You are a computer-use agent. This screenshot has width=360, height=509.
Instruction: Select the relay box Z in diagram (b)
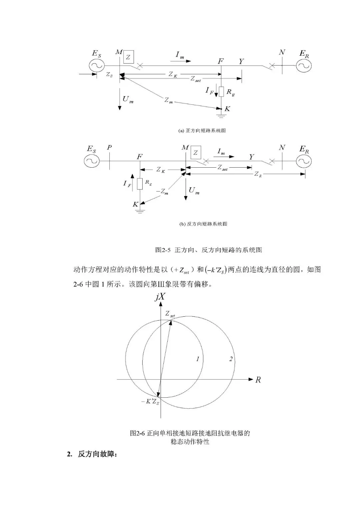point(196,153)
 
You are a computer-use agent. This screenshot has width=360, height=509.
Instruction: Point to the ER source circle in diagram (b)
point(303,161)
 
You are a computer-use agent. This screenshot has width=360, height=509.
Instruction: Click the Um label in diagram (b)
point(194,191)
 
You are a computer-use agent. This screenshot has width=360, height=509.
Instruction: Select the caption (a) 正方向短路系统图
point(202,131)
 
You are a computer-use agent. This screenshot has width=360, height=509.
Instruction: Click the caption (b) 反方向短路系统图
point(203,224)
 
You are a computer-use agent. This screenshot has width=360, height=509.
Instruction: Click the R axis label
point(258,380)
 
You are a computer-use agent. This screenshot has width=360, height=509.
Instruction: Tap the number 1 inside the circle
point(198,359)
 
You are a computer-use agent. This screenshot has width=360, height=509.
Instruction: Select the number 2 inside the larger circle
point(231,359)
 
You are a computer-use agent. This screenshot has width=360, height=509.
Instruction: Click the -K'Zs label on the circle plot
point(150,402)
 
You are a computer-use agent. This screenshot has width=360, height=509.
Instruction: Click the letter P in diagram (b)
point(109,147)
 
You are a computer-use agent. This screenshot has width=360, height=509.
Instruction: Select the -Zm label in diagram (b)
point(162,192)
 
